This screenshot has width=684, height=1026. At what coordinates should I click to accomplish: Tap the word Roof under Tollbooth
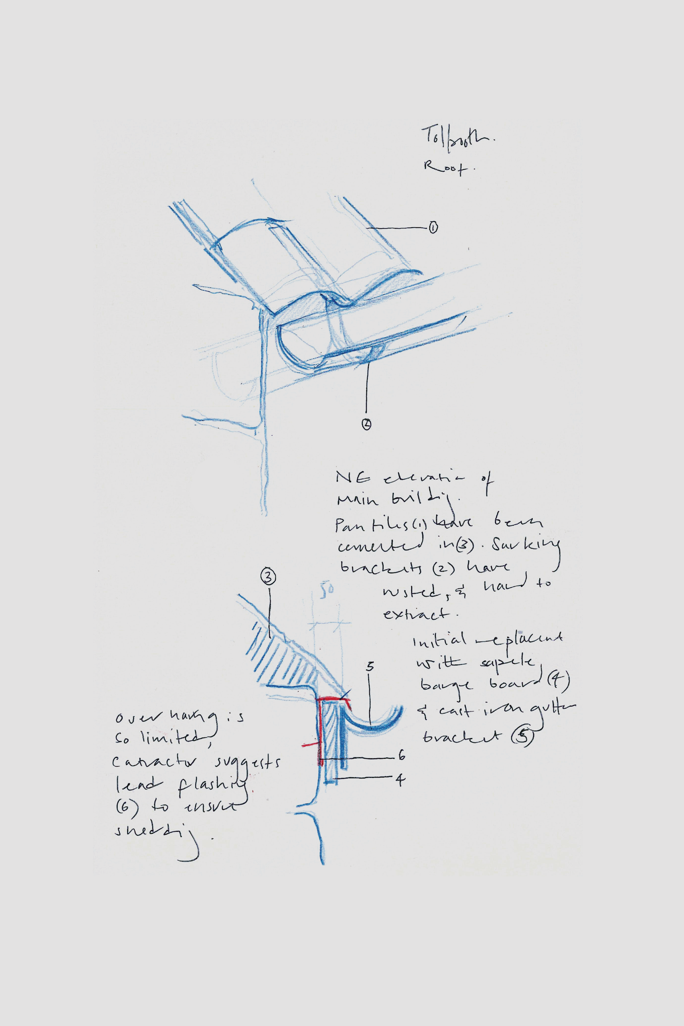point(444,168)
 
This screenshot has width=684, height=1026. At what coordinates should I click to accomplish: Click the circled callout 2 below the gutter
point(366,424)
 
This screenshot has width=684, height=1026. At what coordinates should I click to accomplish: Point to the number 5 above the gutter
point(370,666)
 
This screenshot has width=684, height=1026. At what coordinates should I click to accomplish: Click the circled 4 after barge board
point(560,681)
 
